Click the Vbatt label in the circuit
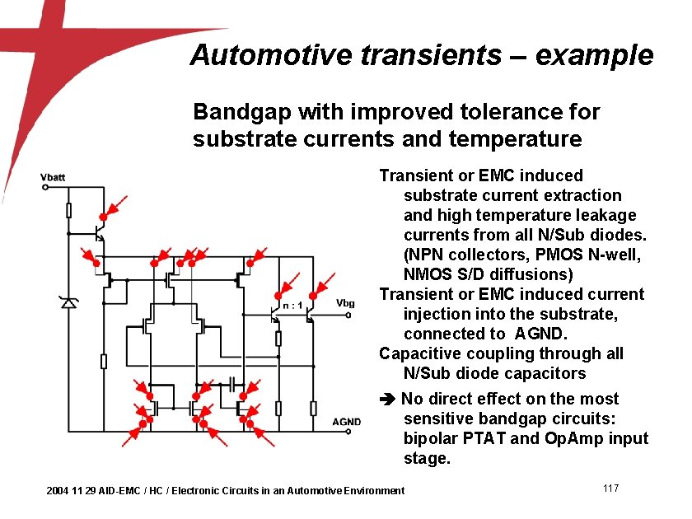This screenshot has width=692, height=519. click(54, 176)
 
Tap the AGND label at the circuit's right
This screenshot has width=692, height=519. click(346, 423)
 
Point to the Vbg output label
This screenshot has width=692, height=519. click(346, 303)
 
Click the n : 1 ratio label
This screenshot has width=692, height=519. click(292, 306)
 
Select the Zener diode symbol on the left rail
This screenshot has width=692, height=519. click(68, 303)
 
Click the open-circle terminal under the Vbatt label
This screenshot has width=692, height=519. click(45, 187)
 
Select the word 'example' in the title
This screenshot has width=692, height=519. click(594, 55)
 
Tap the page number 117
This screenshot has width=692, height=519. click(610, 489)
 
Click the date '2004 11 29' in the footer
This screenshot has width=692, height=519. click(71, 491)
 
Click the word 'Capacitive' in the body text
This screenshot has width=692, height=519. click(419, 353)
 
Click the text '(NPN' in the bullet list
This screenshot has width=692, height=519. click(423, 255)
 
